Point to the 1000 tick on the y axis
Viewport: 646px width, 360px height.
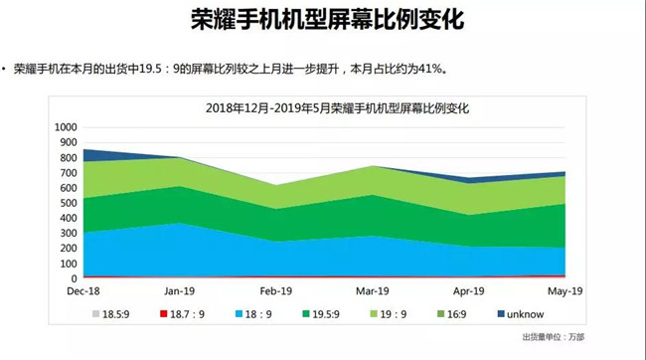click(x=66, y=127)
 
